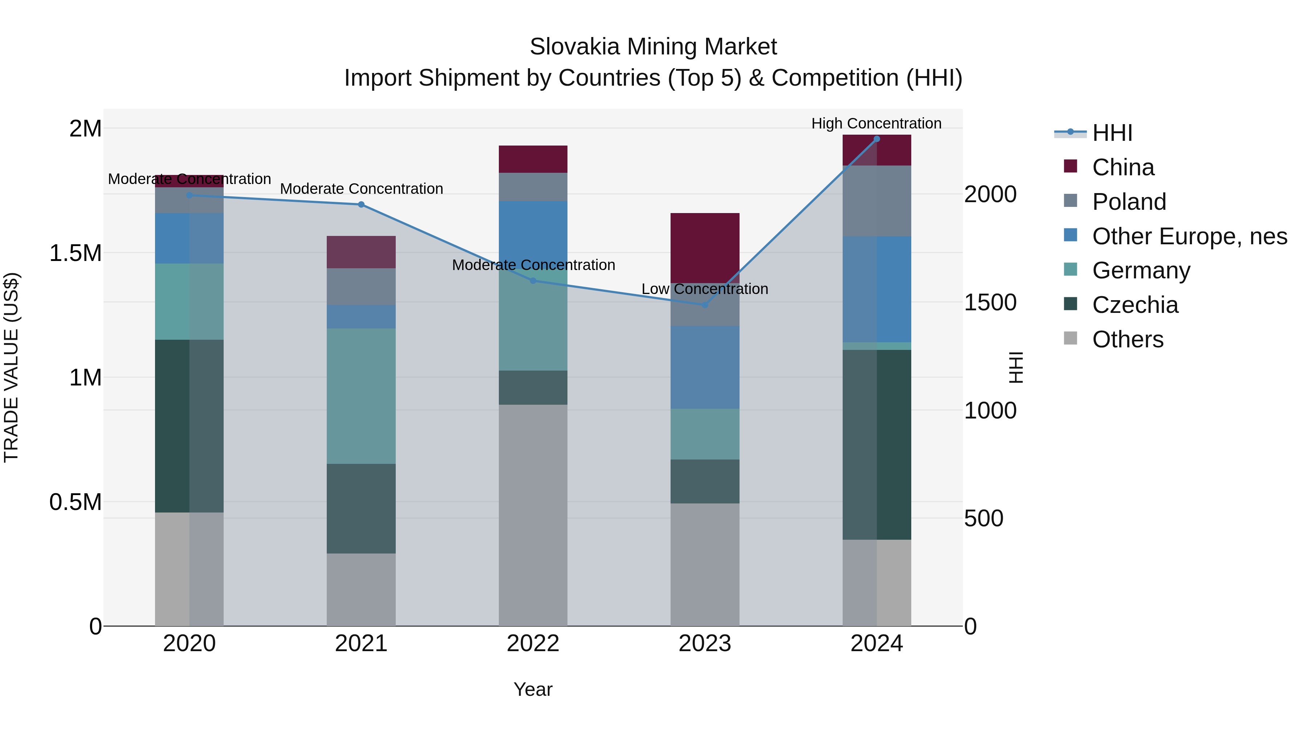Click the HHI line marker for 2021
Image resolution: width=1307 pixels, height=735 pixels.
point(361,204)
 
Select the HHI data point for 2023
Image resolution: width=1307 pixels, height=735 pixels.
point(705,305)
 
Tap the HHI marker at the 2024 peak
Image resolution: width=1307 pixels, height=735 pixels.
point(876,139)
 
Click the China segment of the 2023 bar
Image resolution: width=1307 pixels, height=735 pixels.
point(705,248)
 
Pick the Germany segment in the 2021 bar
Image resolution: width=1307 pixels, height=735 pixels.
point(361,396)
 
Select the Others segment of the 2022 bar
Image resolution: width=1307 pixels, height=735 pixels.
point(533,515)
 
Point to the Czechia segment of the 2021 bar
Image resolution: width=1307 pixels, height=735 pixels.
point(361,508)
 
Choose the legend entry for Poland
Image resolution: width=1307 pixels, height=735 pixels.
point(1129,202)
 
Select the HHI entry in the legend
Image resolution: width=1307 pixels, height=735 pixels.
point(1112,133)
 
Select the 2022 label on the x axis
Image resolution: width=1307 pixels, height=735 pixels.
point(533,644)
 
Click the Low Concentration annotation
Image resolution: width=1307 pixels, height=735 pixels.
point(705,289)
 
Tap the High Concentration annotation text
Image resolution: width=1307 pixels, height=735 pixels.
point(876,123)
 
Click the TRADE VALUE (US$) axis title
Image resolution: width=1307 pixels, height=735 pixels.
point(11,367)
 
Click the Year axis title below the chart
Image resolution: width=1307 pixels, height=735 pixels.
point(533,689)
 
